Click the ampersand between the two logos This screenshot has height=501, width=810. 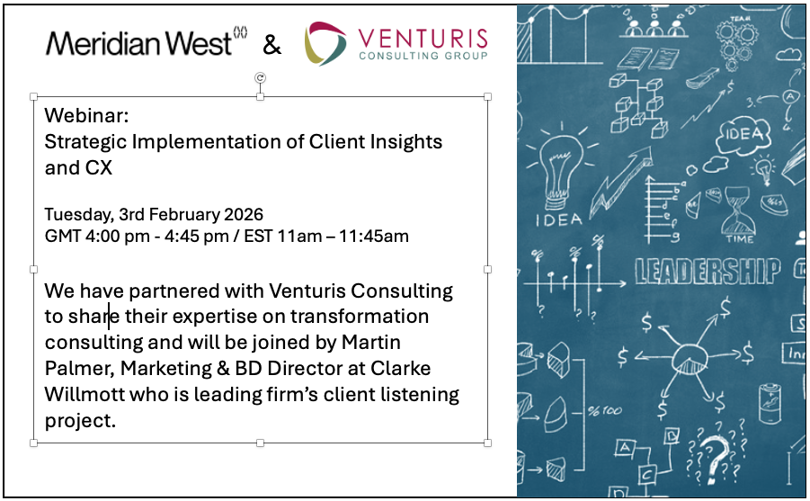pos(271,44)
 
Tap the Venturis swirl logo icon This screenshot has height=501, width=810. pos(325,43)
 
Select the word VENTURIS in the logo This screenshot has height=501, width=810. pos(423,38)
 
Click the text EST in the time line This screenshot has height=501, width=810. pos(275,236)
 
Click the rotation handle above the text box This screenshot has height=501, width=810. pos(261,78)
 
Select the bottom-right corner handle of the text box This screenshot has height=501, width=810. pos(487,443)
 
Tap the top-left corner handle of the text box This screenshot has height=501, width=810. pos(34,96)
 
